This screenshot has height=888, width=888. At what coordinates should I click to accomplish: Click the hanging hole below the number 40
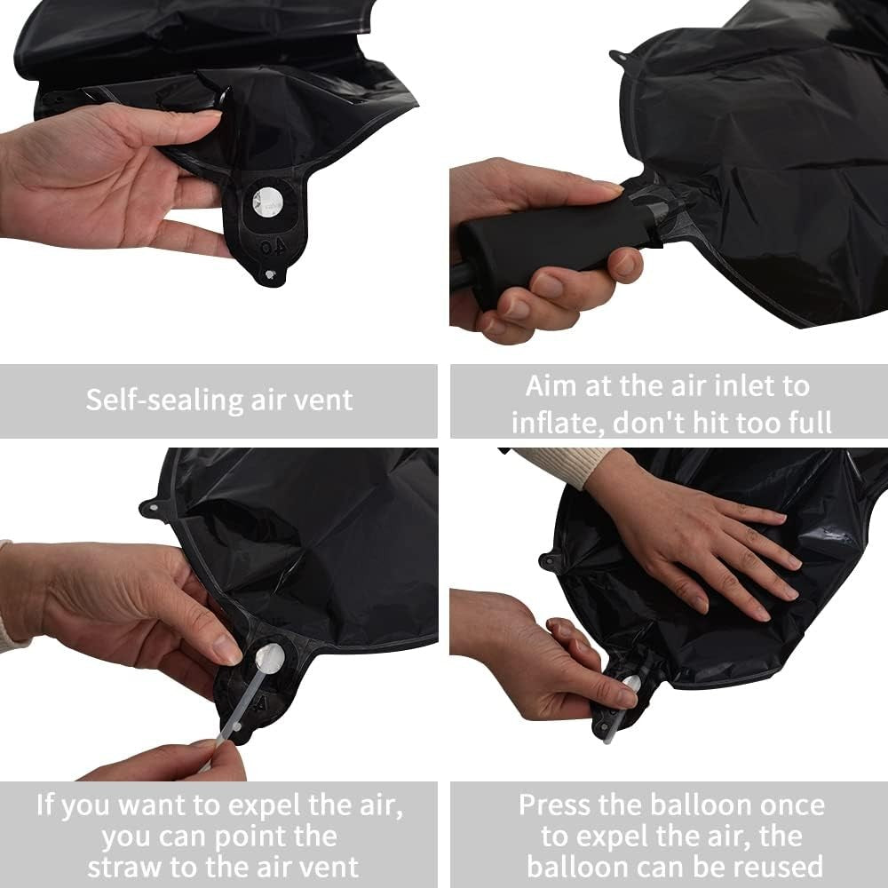click(x=266, y=275)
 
